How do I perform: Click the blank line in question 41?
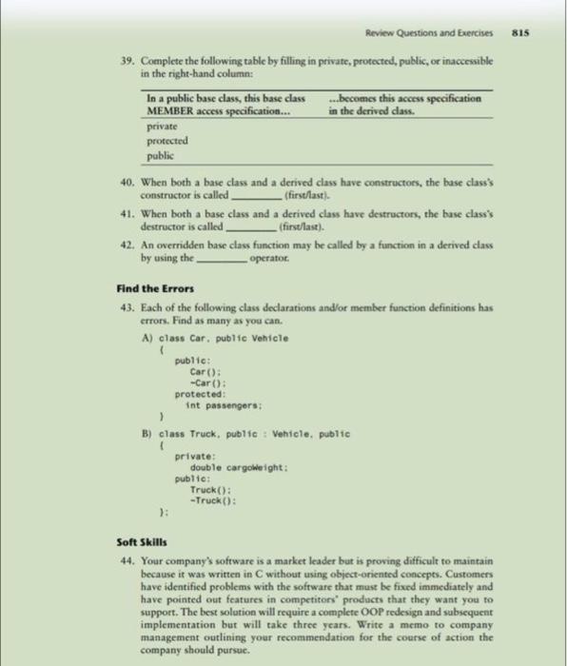249,228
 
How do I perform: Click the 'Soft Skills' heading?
136,541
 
